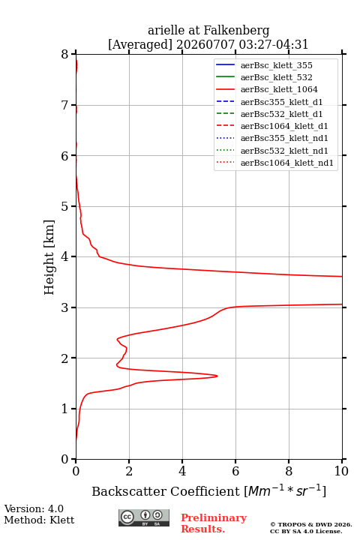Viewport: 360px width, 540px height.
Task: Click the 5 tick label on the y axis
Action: (65, 206)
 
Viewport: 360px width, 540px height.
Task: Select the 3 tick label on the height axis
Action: (65, 307)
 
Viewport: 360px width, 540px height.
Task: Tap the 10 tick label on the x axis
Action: (341, 471)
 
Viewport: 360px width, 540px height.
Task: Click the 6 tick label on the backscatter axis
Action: (235, 471)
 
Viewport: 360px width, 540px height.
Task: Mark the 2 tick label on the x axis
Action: (129, 471)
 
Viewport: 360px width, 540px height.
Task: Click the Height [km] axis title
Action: (49, 257)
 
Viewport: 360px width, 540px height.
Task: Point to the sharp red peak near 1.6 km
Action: (217, 376)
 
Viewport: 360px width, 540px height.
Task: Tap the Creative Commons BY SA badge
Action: (144, 517)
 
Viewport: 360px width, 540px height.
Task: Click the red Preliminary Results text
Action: (214, 523)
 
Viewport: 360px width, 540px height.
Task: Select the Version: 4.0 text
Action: (34, 508)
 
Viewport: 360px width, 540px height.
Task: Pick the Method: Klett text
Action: (39, 520)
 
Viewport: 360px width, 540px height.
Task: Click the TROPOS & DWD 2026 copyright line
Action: (311, 524)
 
